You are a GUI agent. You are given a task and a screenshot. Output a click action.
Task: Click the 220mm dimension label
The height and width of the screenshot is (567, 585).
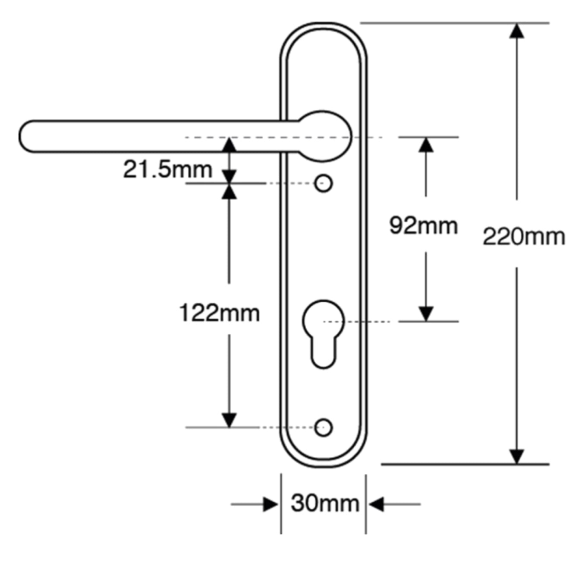tap(523, 237)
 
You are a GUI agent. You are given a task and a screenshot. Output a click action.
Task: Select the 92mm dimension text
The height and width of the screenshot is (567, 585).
tap(423, 225)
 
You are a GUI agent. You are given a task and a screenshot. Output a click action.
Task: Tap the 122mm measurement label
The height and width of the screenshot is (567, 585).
tap(219, 313)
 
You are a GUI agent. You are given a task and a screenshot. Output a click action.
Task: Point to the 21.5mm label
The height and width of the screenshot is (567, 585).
tap(167, 169)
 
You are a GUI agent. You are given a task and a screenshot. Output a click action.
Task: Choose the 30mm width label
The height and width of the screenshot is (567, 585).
tap(324, 503)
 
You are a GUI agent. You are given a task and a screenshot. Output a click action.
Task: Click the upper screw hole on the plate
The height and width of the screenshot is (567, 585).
tap(324, 184)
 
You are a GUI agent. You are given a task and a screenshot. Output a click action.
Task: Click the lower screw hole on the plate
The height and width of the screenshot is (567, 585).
tap(324, 428)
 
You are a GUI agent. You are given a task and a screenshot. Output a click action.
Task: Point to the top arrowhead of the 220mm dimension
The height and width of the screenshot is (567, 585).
tap(516, 31)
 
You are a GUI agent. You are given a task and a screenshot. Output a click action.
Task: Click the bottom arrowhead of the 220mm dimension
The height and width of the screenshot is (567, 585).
tap(516, 456)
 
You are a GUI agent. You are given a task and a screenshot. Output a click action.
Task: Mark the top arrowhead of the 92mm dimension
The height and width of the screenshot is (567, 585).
tap(426, 145)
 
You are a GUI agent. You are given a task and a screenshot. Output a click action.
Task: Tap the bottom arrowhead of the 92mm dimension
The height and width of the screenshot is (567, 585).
tap(426, 314)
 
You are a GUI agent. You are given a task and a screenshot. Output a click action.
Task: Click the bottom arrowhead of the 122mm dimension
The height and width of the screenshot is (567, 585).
tap(229, 420)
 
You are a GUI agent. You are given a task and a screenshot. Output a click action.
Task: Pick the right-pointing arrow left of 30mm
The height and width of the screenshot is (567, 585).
tap(270, 504)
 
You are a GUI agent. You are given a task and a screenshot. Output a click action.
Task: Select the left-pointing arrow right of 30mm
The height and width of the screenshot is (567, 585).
tap(376, 504)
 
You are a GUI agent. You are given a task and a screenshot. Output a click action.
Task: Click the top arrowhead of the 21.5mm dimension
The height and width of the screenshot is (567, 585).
tap(229, 145)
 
